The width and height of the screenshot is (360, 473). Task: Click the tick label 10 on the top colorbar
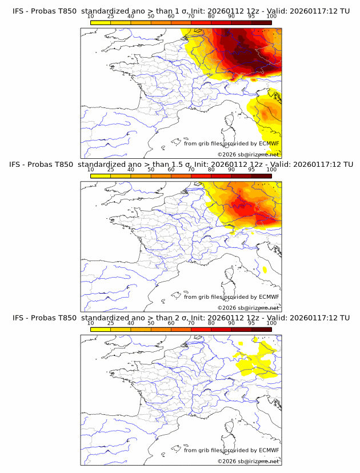coord(90,17)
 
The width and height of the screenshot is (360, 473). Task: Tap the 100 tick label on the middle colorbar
coord(271,170)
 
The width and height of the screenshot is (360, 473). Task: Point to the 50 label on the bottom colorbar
coord(150,323)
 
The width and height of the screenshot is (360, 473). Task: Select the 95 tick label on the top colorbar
coord(251,17)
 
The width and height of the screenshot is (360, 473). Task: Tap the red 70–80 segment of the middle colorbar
coord(201,175)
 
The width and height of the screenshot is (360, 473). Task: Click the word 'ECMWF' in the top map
coord(269,143)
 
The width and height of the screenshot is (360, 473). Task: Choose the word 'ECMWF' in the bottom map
coord(269,450)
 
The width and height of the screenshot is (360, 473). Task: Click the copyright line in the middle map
coord(249,307)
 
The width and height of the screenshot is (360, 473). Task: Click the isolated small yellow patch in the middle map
coord(265,268)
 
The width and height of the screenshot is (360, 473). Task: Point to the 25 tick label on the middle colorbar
coord(110,170)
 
